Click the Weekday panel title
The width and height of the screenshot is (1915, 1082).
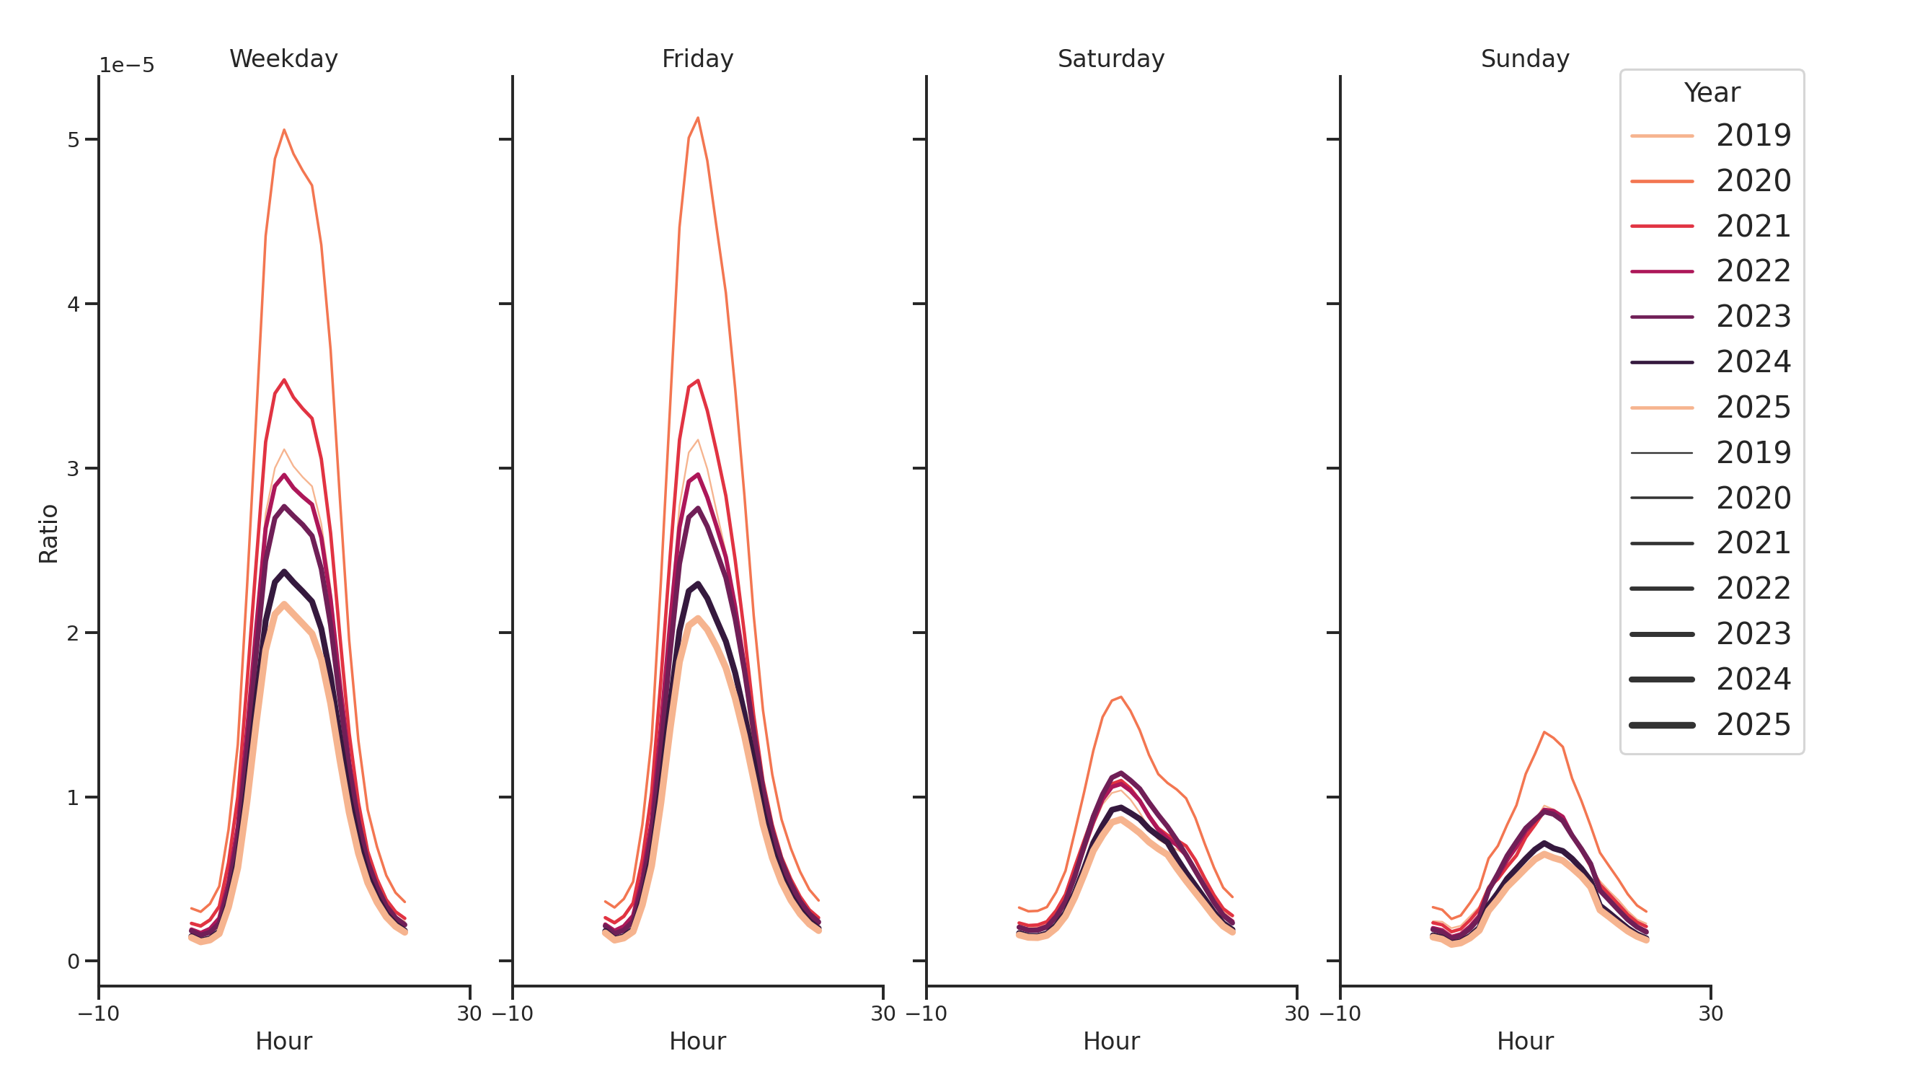pos(283,58)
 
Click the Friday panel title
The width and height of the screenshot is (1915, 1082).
pos(696,58)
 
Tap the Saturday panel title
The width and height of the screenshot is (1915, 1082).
pos(1110,58)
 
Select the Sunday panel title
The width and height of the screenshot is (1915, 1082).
pos(1524,58)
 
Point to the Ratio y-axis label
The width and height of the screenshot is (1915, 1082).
pos(48,533)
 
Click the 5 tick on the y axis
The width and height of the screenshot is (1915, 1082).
pos(73,140)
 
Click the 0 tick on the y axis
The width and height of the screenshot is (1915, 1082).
pos(73,962)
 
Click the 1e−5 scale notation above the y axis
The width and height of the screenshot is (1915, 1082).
pos(126,66)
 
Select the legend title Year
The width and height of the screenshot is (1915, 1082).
pos(1711,93)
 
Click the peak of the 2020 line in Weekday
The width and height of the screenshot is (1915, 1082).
pos(284,130)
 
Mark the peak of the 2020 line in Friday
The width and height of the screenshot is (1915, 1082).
pos(697,118)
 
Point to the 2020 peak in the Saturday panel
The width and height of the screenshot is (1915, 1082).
pos(1120,697)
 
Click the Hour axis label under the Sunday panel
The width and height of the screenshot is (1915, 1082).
pos(1524,1041)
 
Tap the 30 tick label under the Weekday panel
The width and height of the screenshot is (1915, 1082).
pos(469,1013)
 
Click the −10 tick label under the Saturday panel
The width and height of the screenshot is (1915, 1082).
pos(926,1013)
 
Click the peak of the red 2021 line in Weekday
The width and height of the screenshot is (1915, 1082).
pos(284,380)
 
